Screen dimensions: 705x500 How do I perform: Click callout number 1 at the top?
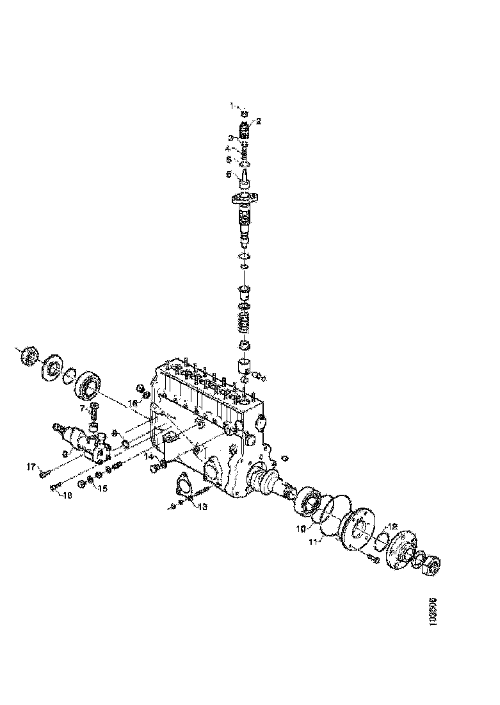[234, 105]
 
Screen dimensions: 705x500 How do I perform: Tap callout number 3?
[230, 138]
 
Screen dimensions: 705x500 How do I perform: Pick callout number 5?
[229, 173]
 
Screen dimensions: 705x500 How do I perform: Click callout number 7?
[83, 407]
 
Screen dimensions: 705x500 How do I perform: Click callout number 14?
[148, 456]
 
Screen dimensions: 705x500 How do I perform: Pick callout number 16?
[133, 403]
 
